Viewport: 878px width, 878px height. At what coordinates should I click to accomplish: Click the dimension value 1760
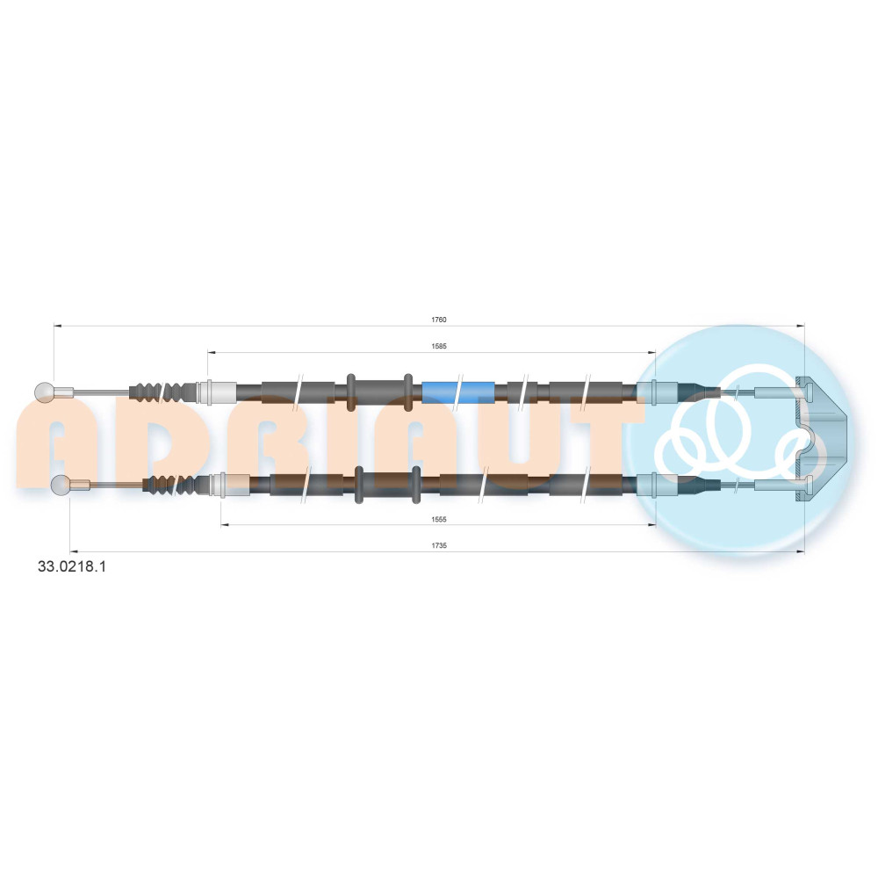(438, 320)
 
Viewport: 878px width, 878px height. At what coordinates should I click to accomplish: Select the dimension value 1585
(439, 346)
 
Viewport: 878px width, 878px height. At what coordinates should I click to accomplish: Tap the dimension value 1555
(439, 519)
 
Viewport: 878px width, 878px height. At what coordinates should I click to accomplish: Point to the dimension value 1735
(439, 545)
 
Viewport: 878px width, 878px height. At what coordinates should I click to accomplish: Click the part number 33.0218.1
(72, 566)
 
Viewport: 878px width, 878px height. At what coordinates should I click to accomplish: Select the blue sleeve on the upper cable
(458, 392)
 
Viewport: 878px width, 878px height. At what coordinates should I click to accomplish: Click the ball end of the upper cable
(44, 392)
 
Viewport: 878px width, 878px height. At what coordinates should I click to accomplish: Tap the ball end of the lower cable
(60, 485)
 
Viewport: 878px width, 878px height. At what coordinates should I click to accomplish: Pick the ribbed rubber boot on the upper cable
(162, 392)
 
